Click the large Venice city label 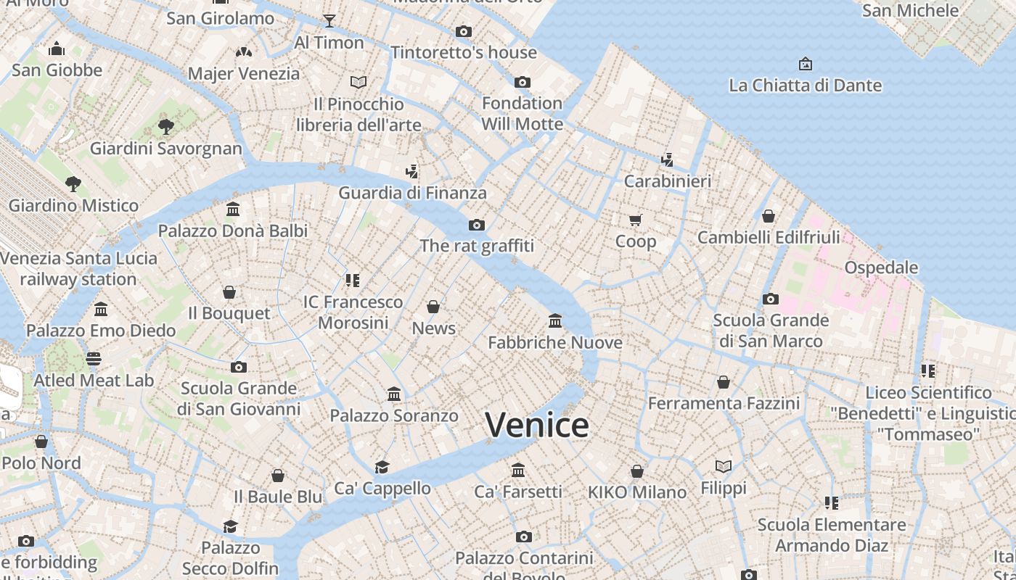click(x=536, y=425)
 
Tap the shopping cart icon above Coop click(x=636, y=220)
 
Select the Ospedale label click(x=881, y=268)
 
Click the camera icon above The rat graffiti click(x=477, y=225)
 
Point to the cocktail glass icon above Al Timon click(x=329, y=20)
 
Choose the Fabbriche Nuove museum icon click(x=555, y=320)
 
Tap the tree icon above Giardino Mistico click(x=73, y=183)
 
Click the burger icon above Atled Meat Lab click(x=94, y=358)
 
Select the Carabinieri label click(x=668, y=181)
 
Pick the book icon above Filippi click(x=724, y=466)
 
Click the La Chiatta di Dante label click(x=805, y=86)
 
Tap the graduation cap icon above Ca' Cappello click(x=382, y=466)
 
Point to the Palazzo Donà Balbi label click(x=233, y=231)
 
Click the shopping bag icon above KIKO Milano click(x=637, y=471)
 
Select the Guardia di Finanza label click(x=412, y=193)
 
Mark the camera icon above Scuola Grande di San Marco click(x=771, y=299)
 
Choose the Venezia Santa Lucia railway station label click(x=78, y=268)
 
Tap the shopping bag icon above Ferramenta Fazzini click(x=724, y=381)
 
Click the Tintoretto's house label click(x=464, y=52)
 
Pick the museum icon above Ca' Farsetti click(x=518, y=470)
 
